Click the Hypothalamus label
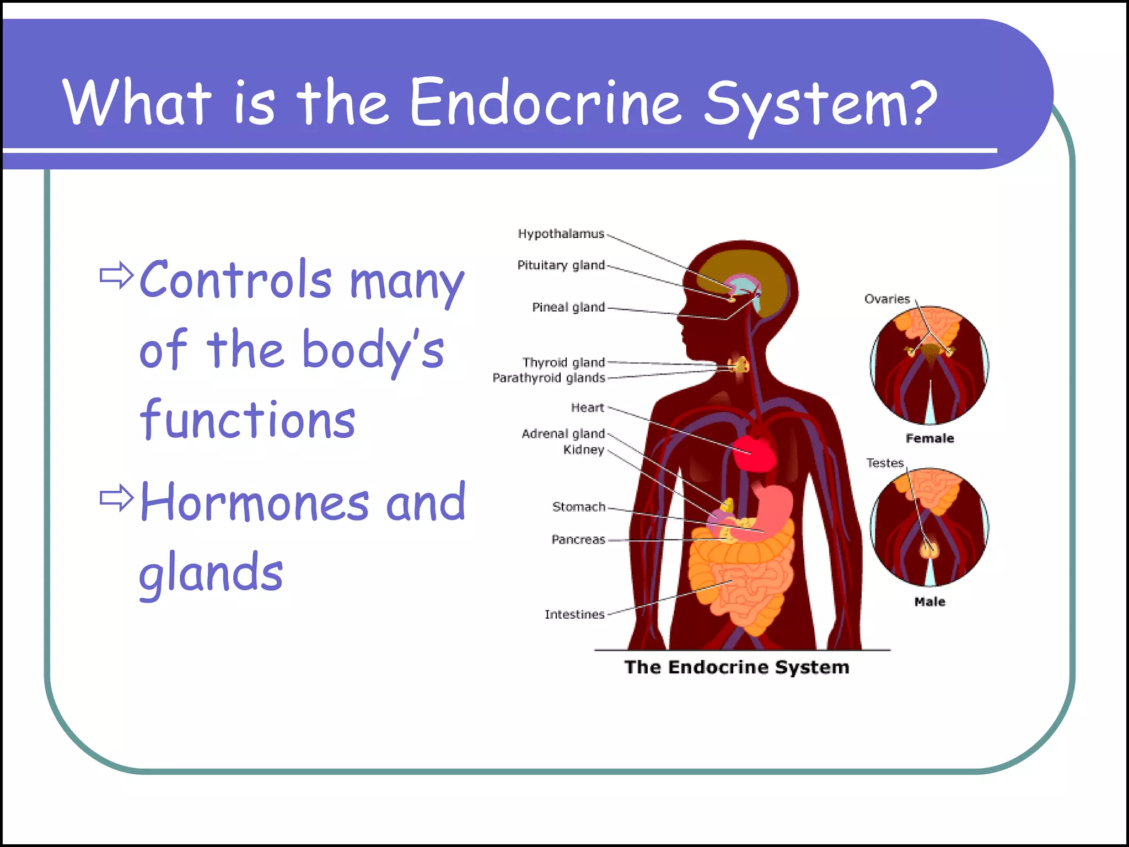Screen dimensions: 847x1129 coord(561,234)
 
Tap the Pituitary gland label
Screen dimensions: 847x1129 coord(561,265)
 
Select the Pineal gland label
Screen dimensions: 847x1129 coord(568,307)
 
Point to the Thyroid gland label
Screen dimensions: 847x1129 coord(563,362)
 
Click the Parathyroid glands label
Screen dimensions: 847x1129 coord(549,378)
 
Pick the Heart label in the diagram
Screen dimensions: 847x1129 coord(587,408)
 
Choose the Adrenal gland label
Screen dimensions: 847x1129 coord(563,433)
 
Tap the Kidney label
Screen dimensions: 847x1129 coord(583,449)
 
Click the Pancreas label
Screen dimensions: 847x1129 coord(578,539)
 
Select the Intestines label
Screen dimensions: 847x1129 coord(574,614)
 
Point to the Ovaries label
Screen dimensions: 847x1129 coord(886,299)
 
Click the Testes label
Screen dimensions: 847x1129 coord(885,463)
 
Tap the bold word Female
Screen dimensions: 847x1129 coord(929,438)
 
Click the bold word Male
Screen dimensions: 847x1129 coord(929,602)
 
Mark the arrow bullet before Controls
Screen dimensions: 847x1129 coord(116,275)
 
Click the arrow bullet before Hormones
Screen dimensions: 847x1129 coord(116,498)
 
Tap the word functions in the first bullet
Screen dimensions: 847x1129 coord(248,420)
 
